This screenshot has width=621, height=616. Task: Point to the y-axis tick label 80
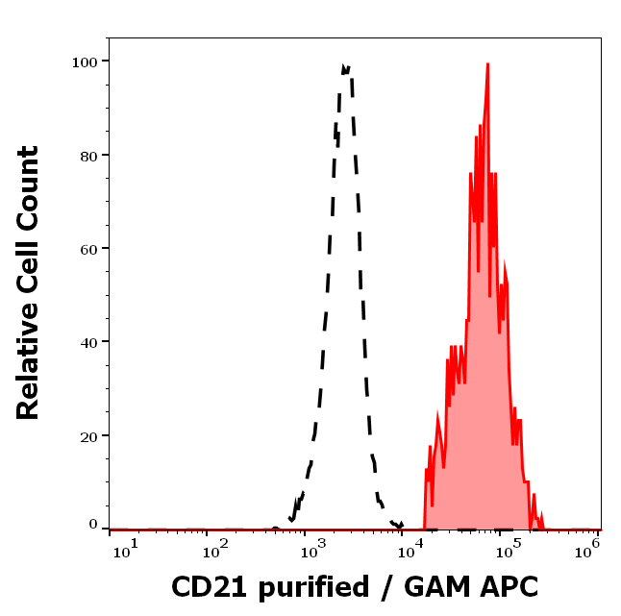87,155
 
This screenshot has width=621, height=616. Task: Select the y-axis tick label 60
87,248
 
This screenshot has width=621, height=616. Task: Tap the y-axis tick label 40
87,341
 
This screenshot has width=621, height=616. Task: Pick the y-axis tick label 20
87,435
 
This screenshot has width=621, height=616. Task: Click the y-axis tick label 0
93,525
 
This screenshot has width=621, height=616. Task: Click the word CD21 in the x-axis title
205,586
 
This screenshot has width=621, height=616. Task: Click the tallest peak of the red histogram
487,65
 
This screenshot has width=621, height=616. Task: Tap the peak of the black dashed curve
345,67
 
